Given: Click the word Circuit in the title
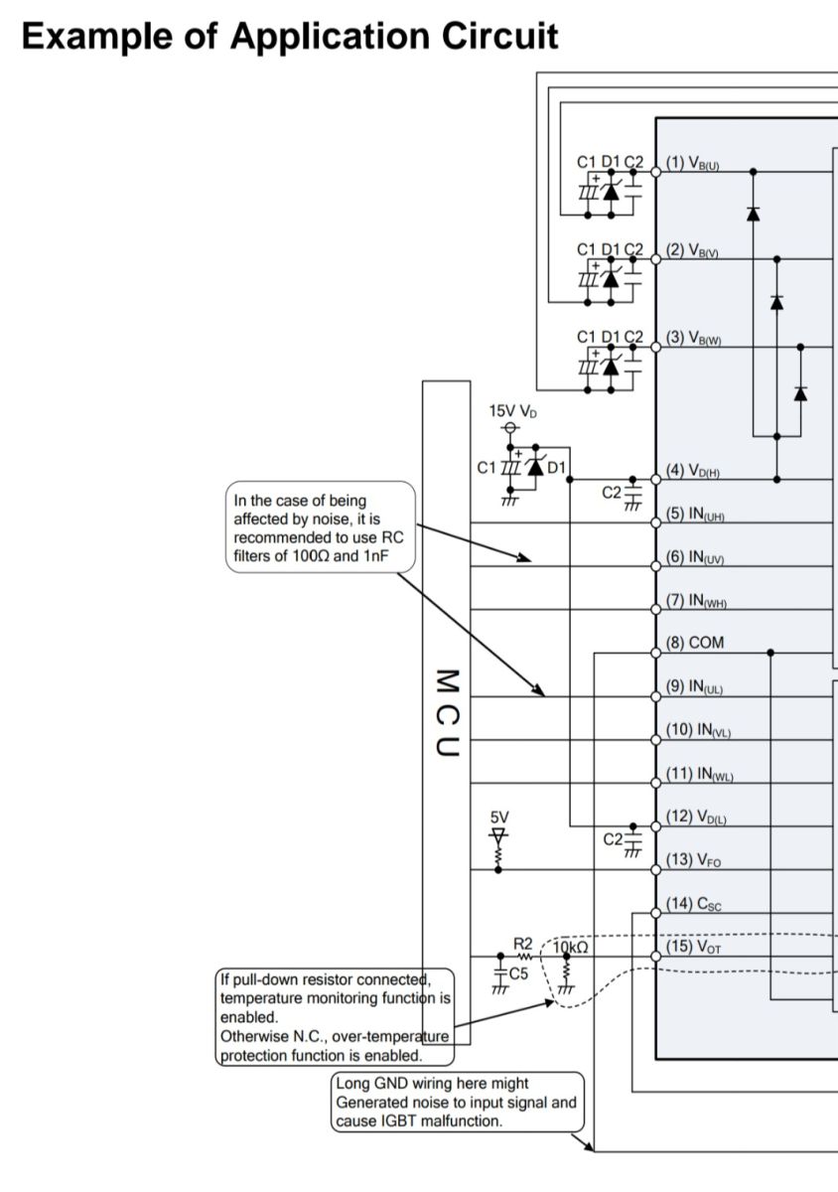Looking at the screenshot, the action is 499,36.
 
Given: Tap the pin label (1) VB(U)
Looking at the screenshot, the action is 693,162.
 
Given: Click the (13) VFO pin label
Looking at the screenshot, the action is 693,860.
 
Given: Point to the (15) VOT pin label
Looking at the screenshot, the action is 693,947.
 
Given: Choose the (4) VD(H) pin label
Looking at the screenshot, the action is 693,471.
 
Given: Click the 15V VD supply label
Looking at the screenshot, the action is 513,411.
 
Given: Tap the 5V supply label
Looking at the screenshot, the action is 499,817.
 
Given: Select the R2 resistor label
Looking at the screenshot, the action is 522,944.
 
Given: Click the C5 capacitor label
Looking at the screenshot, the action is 518,973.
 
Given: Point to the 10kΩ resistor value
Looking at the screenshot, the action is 570,948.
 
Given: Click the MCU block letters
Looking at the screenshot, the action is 447,712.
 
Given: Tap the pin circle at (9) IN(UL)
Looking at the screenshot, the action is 655,696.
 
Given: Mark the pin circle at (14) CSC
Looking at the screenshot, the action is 655,914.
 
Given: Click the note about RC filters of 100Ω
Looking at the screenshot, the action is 321,527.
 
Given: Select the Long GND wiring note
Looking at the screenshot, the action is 457,1102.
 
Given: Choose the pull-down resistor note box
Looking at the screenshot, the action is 336,1017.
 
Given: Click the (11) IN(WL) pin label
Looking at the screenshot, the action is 700,773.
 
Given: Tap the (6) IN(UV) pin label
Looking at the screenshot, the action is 695,557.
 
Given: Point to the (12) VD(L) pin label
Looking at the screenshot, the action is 696,817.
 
